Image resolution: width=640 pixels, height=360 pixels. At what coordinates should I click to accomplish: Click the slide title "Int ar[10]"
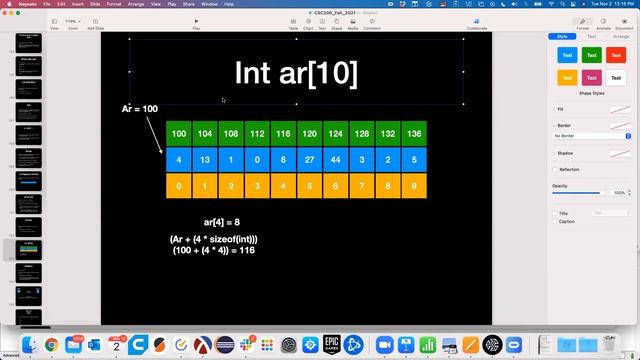tap(296, 72)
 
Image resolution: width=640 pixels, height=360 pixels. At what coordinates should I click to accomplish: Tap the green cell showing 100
tap(178, 134)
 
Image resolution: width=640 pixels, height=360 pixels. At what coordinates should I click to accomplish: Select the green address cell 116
tap(283, 134)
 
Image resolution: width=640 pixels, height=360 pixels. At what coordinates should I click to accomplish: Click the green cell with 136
tap(414, 134)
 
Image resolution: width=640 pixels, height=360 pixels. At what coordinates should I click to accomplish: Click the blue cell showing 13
tap(204, 159)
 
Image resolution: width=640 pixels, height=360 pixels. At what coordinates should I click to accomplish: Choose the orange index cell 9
tap(414, 185)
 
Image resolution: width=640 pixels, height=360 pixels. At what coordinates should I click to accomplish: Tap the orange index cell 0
tap(178, 185)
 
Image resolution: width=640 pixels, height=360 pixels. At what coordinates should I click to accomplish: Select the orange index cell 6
tap(335, 185)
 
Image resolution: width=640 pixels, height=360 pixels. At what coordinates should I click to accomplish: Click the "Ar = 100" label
tap(140, 108)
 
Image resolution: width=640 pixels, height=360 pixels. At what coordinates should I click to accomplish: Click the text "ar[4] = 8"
tap(221, 221)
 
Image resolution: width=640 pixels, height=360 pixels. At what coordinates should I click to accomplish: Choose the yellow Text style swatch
tap(568, 76)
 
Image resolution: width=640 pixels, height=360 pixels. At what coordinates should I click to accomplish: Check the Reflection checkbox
tap(556, 169)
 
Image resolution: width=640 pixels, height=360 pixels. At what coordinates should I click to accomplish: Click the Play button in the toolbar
tap(196, 21)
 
